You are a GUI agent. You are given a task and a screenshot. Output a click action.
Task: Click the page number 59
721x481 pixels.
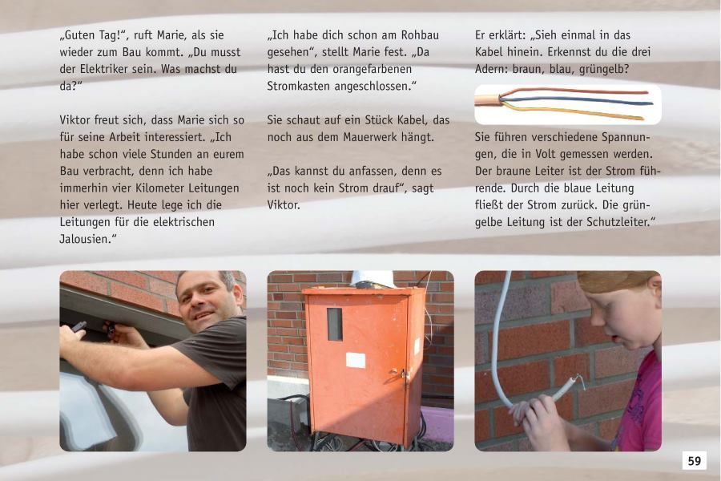[694, 461]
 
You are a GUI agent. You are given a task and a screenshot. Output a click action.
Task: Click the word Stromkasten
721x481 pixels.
[300, 86]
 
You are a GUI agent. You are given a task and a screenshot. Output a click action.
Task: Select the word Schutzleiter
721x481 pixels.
[611, 222]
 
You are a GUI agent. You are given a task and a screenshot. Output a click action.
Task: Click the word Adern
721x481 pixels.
[492, 70]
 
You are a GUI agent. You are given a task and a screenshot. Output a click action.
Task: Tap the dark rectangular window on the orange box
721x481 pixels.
[335, 324]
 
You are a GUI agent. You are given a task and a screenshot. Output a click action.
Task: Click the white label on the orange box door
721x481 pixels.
[356, 360]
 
